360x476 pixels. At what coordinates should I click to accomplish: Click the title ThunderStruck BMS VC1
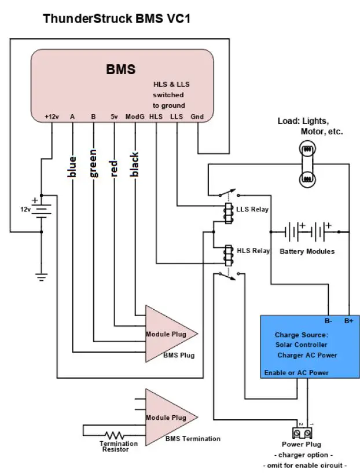(116, 19)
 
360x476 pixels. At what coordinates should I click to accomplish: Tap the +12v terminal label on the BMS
(52, 116)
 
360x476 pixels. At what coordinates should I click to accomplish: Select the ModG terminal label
(134, 116)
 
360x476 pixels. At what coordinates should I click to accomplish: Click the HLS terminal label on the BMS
(156, 116)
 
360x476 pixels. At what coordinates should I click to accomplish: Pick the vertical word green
(93, 163)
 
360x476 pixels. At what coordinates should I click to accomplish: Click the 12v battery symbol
(41, 210)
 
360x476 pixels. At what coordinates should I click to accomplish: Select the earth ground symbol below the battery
(41, 276)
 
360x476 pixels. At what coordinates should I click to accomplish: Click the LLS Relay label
(253, 208)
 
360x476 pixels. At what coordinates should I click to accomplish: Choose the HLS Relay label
(253, 251)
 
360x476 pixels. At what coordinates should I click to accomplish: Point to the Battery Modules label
(307, 251)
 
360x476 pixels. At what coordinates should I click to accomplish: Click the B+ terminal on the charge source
(349, 320)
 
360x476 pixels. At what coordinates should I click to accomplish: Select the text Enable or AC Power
(296, 372)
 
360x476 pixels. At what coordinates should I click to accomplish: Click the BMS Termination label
(193, 439)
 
